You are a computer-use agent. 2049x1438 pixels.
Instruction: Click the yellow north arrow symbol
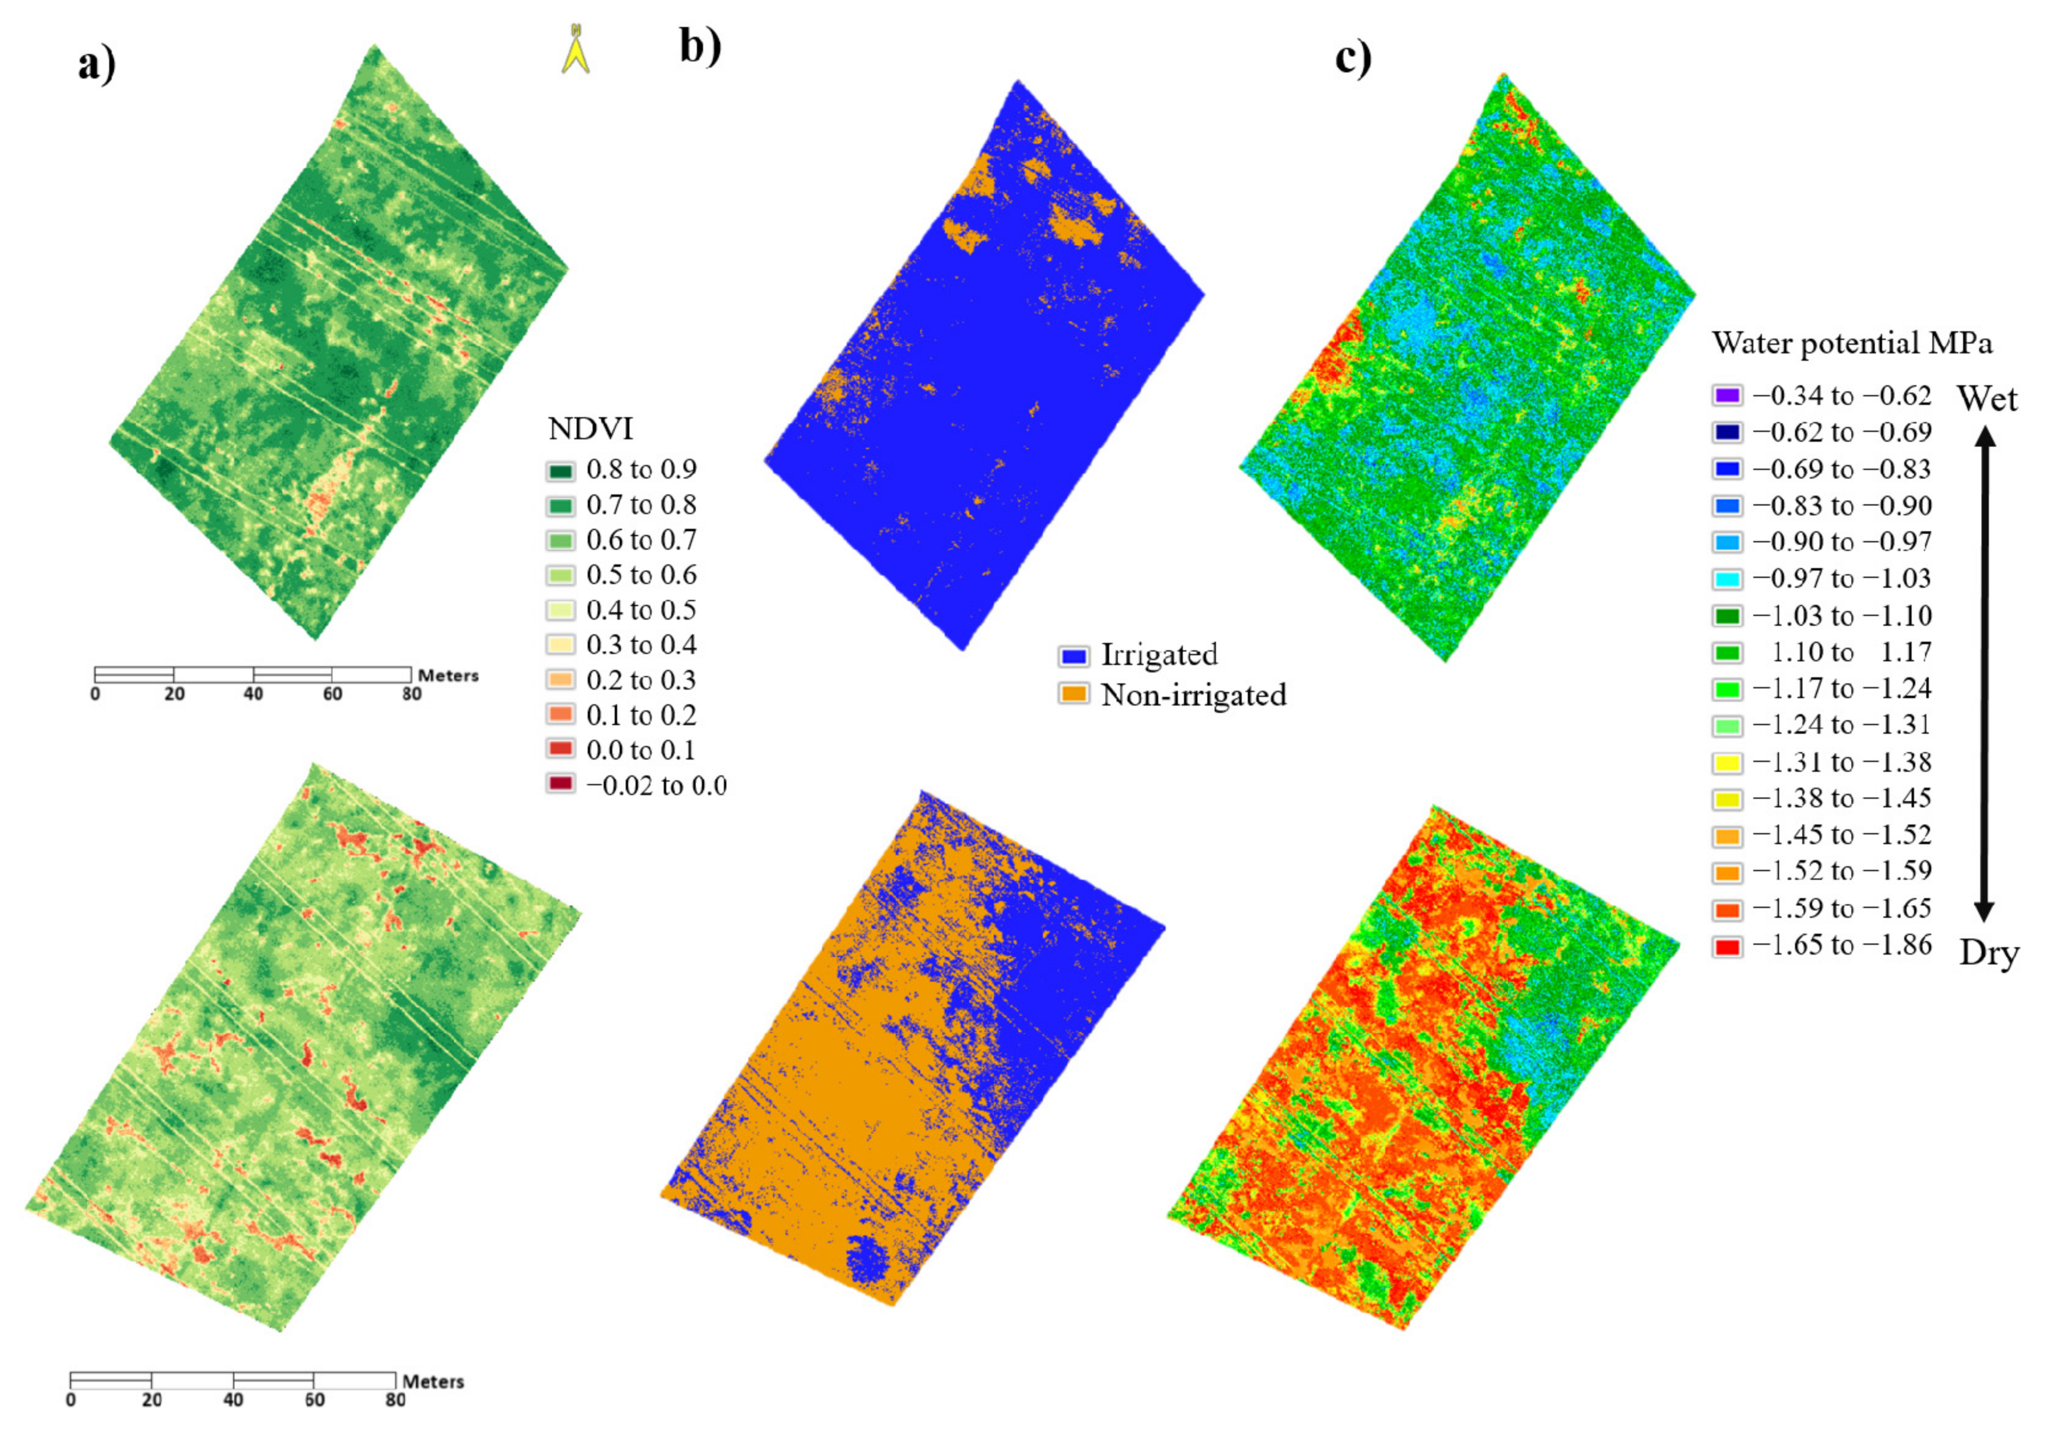pyautogui.click(x=575, y=50)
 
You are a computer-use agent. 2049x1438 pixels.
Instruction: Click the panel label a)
pyautogui.click(x=96, y=64)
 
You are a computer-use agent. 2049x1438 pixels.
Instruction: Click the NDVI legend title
pyautogui.click(x=590, y=429)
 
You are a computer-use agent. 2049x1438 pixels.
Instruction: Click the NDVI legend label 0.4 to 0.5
pyautogui.click(x=640, y=610)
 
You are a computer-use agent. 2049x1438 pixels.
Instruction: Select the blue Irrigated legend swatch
pyautogui.click(x=1074, y=656)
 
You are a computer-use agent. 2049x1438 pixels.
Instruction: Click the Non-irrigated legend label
pyautogui.click(x=1193, y=695)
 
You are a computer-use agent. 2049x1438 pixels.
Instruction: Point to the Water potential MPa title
pyautogui.click(x=1852, y=344)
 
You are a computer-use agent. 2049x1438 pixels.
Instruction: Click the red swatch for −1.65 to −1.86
pyautogui.click(x=1727, y=946)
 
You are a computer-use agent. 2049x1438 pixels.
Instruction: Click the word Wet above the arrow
pyautogui.click(x=1986, y=398)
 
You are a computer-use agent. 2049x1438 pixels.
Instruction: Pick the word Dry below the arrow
pyautogui.click(x=1988, y=954)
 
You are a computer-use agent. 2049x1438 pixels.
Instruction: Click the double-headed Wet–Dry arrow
pyautogui.click(x=1984, y=674)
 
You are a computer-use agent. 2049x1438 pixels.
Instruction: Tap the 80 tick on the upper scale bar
pyautogui.click(x=412, y=694)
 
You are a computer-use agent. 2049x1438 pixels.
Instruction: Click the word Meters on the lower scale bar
pyautogui.click(x=433, y=1382)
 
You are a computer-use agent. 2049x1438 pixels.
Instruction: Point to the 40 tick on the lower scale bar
pyautogui.click(x=233, y=1399)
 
